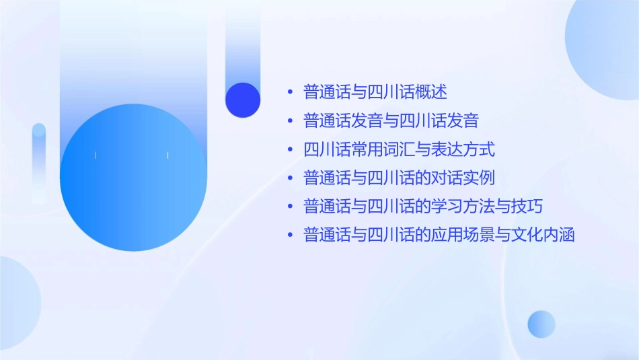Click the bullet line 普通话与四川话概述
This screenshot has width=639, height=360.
pos(375,92)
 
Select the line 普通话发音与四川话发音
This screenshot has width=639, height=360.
pos(391,121)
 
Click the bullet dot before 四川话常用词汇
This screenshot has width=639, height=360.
pos(290,150)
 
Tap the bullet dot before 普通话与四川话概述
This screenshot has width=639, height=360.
pos(290,92)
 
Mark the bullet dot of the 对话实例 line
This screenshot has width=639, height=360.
pos(290,179)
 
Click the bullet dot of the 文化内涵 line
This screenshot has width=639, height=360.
pos(290,236)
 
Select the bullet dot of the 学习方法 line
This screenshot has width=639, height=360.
pos(290,207)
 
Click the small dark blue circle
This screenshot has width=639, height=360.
pos(243,100)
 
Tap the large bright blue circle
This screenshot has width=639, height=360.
pos(133,178)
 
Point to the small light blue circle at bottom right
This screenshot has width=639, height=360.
pos(541,324)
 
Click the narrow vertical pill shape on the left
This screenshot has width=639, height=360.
pos(39,161)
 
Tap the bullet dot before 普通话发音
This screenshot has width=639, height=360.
pos(290,122)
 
